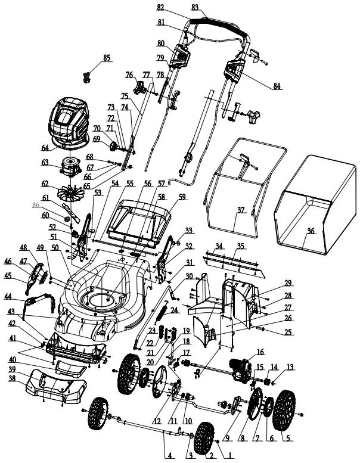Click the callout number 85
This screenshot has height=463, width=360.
click(x=107, y=58)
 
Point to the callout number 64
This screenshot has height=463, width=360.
click(x=44, y=148)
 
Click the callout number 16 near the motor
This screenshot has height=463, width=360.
click(x=260, y=352)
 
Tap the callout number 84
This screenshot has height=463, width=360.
click(x=277, y=86)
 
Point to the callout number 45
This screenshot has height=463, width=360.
click(x=8, y=275)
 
